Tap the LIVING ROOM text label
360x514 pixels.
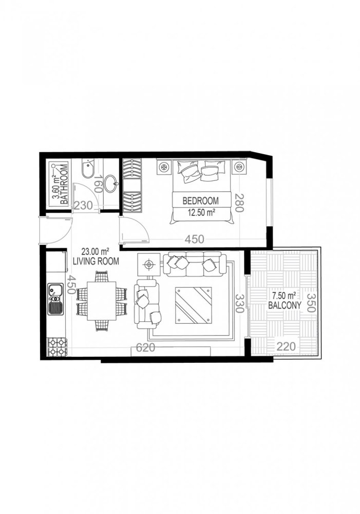[96, 261]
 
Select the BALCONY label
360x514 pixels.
[281, 305]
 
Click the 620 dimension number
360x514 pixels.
[146, 348]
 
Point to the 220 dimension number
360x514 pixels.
[286, 346]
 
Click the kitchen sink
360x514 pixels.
[55, 300]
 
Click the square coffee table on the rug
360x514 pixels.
[193, 305]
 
